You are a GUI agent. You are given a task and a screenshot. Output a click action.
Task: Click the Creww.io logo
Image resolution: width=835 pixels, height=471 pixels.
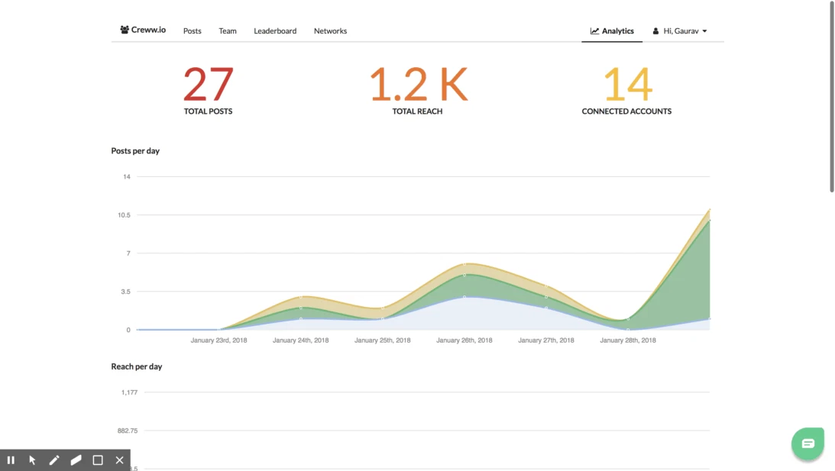[143, 31]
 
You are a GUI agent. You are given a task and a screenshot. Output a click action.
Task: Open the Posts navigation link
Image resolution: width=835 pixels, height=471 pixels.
[193, 31]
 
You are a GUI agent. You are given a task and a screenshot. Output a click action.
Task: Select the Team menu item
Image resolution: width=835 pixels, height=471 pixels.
[228, 31]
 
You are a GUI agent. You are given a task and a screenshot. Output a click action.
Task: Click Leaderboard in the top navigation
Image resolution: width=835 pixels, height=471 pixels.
[275, 31]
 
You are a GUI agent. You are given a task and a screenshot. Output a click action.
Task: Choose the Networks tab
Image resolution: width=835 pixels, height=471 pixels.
[330, 31]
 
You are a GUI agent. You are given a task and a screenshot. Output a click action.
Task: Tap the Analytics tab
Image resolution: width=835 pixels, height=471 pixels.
[612, 31]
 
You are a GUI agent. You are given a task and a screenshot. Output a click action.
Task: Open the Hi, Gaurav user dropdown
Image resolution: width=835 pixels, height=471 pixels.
[680, 31]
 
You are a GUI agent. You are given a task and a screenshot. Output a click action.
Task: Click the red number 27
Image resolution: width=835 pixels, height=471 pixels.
[208, 84]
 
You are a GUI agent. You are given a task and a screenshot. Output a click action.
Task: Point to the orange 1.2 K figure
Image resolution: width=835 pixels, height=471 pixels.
[418, 84]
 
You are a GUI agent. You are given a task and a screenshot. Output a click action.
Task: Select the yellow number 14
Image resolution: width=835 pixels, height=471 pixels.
[627, 84]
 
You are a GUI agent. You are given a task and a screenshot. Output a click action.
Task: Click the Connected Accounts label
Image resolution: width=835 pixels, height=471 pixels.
[626, 111]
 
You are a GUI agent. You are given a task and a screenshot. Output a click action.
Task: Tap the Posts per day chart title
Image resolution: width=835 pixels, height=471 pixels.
[135, 151]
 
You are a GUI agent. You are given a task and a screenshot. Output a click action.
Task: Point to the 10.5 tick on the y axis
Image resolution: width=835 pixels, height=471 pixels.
[124, 215]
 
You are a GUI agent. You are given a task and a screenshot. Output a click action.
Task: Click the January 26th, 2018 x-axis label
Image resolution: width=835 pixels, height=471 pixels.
[464, 340]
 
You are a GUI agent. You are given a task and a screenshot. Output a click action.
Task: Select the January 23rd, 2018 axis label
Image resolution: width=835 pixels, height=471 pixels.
[218, 340]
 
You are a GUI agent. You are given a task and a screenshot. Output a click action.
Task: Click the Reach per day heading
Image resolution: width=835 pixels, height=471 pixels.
[137, 367]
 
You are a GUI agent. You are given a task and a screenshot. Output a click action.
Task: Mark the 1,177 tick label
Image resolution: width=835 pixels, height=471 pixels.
[129, 392]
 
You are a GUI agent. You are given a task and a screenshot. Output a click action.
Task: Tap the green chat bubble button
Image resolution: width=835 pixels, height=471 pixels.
[807, 444]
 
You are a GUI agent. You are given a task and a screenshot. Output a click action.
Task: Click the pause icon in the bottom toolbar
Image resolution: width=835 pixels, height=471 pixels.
[11, 460]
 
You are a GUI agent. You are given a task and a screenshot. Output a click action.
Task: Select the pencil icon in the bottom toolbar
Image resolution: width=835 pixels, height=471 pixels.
[54, 460]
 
